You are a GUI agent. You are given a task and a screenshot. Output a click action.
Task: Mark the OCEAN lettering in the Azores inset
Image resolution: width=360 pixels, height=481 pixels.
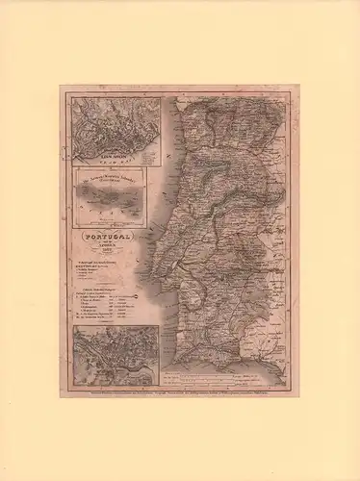click(x=108, y=219)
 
